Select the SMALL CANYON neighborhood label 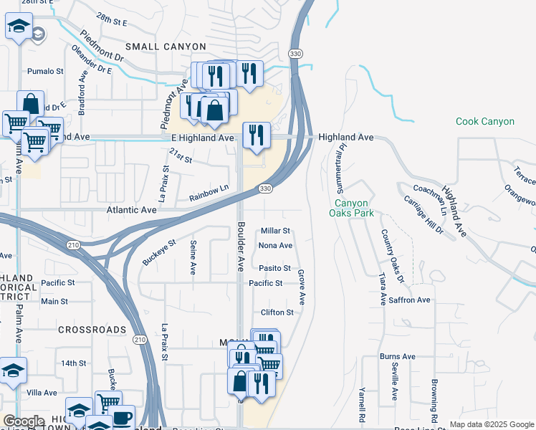(x=166, y=47)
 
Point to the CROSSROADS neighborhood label (x=92, y=330)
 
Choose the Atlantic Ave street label (x=131, y=211)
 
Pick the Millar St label (x=275, y=231)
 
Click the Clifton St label (x=277, y=312)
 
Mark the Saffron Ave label (x=409, y=300)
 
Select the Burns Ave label (x=398, y=356)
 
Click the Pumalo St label (x=46, y=71)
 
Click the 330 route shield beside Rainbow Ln (x=265, y=188)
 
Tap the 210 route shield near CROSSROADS (x=140, y=340)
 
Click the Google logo (x=24, y=421)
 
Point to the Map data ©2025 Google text (x=491, y=424)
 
